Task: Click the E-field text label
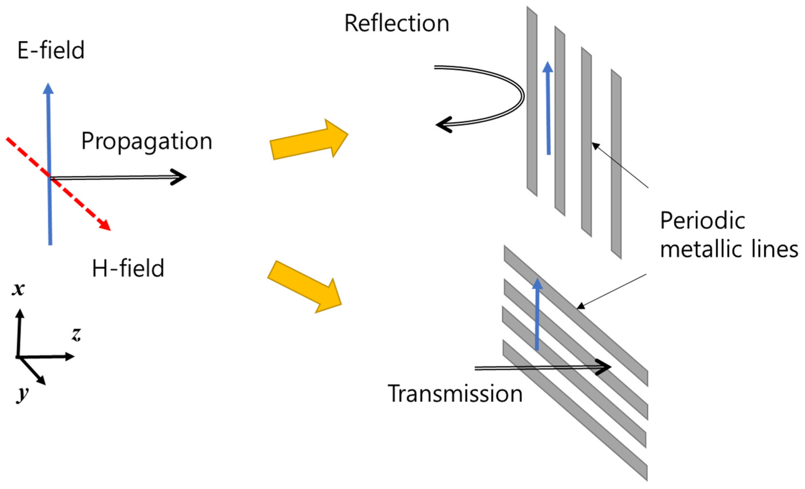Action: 51,50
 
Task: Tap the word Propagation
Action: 147,141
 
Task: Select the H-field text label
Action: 128,268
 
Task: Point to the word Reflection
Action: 397,23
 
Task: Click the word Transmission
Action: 455,394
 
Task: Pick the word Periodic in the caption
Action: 702,221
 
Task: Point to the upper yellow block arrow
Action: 308,140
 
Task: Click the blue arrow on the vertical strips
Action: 548,108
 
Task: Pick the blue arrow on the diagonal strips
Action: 537,314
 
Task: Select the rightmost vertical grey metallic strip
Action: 616,163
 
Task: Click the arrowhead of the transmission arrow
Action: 605,367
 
